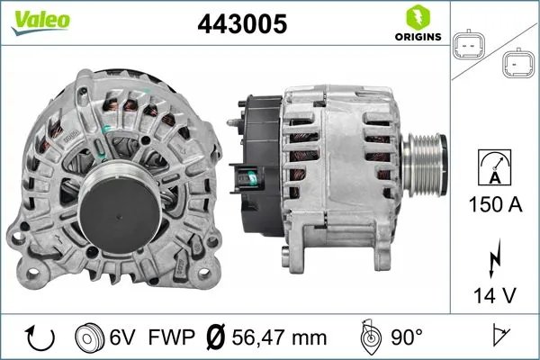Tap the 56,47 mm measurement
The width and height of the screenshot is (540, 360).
[x=278, y=337]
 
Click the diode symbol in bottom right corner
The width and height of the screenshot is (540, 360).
[x=498, y=337]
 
